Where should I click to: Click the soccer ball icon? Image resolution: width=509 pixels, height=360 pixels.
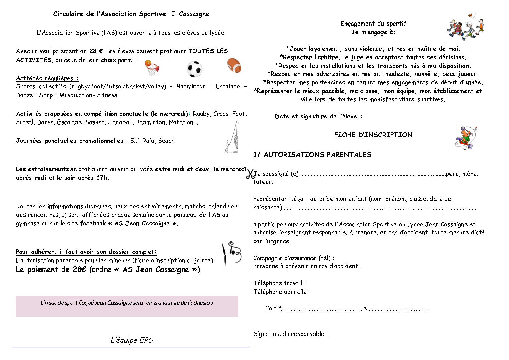tap(194, 69)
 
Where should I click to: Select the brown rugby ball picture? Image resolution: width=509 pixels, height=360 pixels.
tap(234, 65)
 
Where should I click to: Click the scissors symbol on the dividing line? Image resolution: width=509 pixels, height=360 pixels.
tap(251, 174)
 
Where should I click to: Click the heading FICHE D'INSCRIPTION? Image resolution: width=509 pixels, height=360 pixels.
tap(373, 135)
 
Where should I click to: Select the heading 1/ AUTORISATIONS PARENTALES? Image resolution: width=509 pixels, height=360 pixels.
tap(312, 155)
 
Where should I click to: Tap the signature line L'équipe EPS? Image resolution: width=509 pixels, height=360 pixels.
tap(132, 340)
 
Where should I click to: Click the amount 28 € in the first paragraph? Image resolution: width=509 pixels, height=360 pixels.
tap(97, 51)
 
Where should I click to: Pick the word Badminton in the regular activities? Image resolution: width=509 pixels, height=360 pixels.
tap(191, 87)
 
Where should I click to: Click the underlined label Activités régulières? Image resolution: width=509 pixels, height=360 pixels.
tap(47, 78)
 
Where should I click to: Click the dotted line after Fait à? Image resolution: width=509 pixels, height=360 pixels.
tap(319, 309)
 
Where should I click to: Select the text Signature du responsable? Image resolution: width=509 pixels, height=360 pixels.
tap(290, 334)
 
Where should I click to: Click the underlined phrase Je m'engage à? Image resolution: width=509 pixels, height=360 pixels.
tap(373, 32)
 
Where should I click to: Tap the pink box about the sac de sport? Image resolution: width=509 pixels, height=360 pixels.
tap(127, 306)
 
